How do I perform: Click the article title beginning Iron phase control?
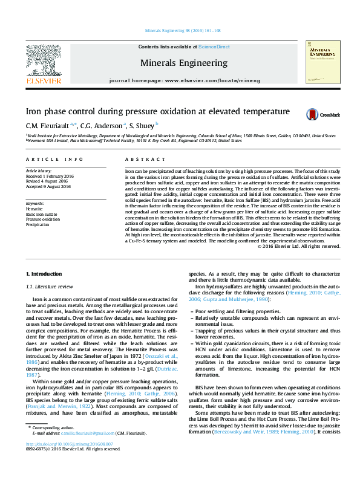pos(157,112)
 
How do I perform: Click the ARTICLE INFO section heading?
pos(54,159)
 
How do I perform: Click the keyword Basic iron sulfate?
pos(41,214)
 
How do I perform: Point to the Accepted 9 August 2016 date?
pos(48,186)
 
